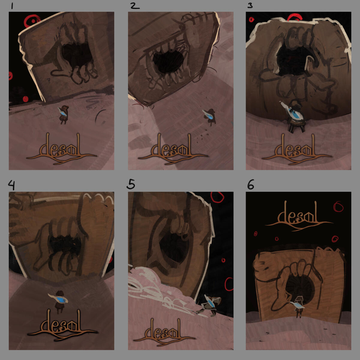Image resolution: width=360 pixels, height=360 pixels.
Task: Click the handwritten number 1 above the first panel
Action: [x=12, y=6]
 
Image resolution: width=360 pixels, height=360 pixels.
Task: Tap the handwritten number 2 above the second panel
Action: [x=135, y=6]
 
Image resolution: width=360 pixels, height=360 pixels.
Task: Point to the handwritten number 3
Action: [x=250, y=6]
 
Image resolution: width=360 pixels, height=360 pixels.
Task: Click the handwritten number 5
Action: [x=130, y=184]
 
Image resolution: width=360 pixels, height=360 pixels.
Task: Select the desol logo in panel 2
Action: [x=173, y=149]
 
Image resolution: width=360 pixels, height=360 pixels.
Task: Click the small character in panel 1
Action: [x=63, y=114]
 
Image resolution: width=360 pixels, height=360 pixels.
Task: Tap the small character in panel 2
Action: [x=210, y=117]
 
